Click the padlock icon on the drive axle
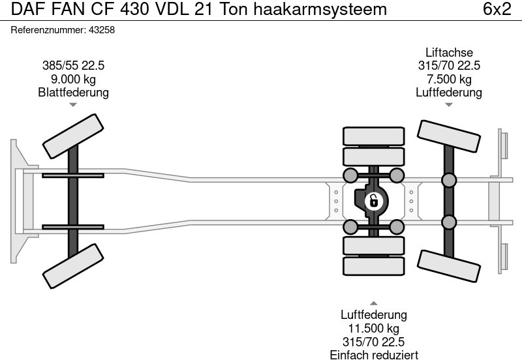coord(374,200)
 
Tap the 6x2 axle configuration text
coord(497,10)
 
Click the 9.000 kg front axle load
coord(73,79)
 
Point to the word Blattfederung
coord(73,93)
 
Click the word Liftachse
coord(449,52)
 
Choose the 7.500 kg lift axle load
coord(449,79)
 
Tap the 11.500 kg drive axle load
coord(373,329)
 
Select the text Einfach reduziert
coord(373,355)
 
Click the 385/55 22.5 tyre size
coord(73,65)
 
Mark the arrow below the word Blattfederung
coord(73,105)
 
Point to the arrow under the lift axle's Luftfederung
coord(449,105)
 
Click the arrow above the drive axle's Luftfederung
coord(373,303)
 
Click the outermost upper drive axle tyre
coord(373,136)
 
